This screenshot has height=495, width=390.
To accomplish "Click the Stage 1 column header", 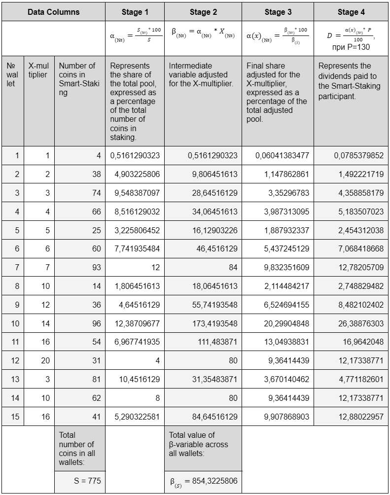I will click(x=135, y=12).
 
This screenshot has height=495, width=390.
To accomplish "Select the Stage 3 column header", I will click(x=278, y=12).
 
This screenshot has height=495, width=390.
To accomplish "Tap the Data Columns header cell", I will click(x=53, y=12).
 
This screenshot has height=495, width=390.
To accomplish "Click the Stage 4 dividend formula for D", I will click(x=351, y=37).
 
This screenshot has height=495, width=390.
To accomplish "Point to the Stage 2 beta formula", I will click(x=202, y=34).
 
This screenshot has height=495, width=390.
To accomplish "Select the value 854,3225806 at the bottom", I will click(x=204, y=481).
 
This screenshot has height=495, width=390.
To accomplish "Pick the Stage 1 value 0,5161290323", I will click(x=135, y=156).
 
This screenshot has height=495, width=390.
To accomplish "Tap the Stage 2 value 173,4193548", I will click(x=214, y=323).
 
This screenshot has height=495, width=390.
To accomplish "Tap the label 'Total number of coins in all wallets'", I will click(x=77, y=449).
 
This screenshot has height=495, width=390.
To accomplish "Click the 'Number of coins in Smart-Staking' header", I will click(x=79, y=79).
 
